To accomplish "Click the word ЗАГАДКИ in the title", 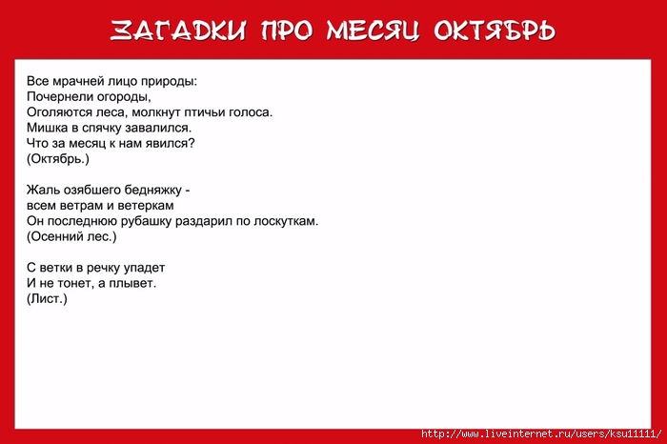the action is pyautogui.click(x=178, y=30).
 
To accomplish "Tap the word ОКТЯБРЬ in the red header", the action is pyautogui.click(x=495, y=30).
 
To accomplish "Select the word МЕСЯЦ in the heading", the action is pyautogui.click(x=374, y=30).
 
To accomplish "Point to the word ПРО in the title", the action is pyautogui.click(x=287, y=30).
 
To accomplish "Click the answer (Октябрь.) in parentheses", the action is pyautogui.click(x=58, y=158).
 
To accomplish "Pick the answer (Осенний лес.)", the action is pyautogui.click(x=71, y=236).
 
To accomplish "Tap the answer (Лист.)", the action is pyautogui.click(x=47, y=298).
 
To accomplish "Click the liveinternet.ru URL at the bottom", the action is pyautogui.click(x=541, y=434).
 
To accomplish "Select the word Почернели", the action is pyautogui.click(x=60, y=96).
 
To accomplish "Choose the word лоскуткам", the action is pyautogui.click(x=286, y=221).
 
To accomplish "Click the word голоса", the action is pyautogui.click(x=251, y=112).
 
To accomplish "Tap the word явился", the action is pyautogui.click(x=171, y=143).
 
